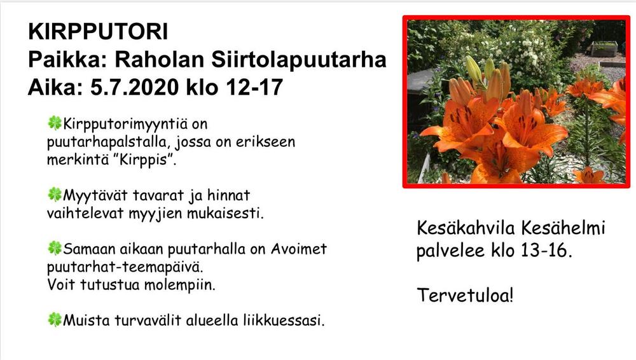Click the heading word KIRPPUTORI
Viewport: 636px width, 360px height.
tap(98, 32)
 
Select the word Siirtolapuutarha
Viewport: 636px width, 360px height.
tap(298, 60)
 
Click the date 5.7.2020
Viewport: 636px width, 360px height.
tap(134, 87)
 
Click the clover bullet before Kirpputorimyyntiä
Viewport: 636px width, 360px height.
tap(55, 123)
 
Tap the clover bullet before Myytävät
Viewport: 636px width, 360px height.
tap(55, 195)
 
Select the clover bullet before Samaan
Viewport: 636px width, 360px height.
tap(55, 247)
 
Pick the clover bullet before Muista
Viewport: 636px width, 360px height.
tap(55, 319)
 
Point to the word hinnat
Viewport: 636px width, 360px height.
tap(229, 195)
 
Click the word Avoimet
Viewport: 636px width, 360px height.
tap(299, 249)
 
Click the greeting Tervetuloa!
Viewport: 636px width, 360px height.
tap(466, 295)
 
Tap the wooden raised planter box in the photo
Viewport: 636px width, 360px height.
tap(604, 48)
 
